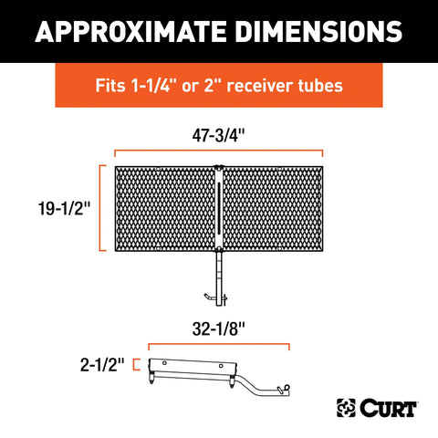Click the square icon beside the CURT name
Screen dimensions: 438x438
coord(348,405)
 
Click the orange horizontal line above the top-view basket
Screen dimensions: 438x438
coord(219,151)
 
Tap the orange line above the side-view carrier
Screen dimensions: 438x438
coord(219,345)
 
